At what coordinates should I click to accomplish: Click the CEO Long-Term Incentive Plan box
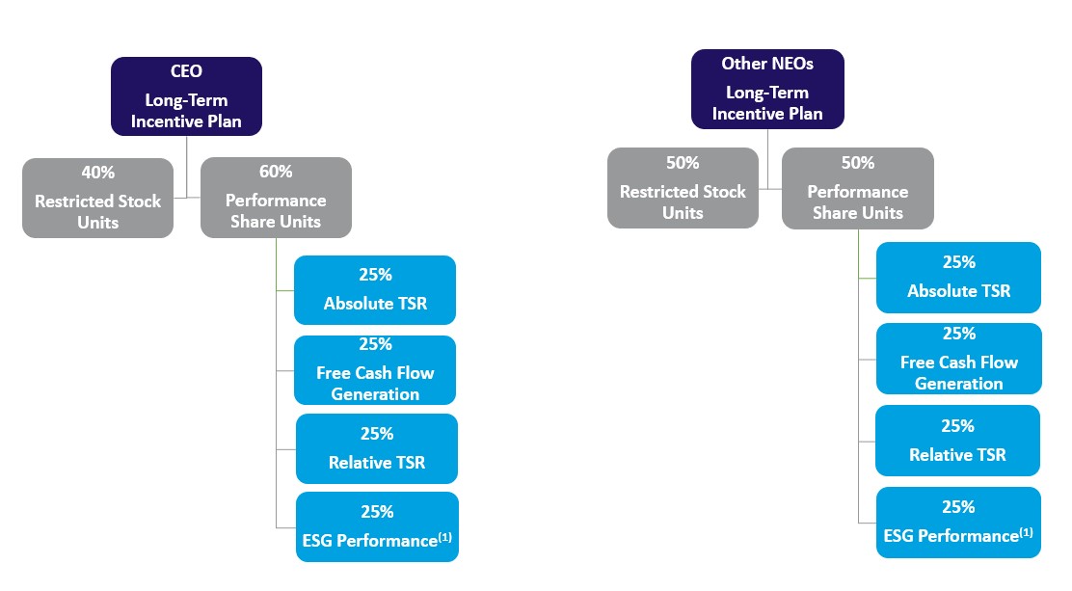tap(186, 96)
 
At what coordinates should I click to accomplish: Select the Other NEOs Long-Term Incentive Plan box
tap(767, 89)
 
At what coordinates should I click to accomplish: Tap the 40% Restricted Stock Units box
tap(97, 198)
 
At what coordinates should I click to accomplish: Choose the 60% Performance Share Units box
tap(276, 198)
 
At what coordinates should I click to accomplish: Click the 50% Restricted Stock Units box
tap(683, 188)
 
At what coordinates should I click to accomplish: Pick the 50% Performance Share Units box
tap(857, 188)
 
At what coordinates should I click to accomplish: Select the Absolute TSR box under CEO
tap(375, 289)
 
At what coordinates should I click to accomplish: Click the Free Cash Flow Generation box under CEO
tap(375, 370)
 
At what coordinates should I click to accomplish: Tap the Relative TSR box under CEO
tap(376, 448)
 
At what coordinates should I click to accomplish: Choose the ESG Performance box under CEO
tap(377, 526)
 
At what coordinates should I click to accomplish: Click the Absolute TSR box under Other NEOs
tap(958, 277)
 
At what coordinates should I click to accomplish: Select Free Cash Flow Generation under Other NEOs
tap(958, 359)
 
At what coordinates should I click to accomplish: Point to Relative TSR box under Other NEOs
tap(957, 441)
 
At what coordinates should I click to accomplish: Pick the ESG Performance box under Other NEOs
tap(958, 522)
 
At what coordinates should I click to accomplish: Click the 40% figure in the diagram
tap(97, 173)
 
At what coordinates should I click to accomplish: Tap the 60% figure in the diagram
tap(276, 172)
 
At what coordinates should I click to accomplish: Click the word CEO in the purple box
tap(186, 72)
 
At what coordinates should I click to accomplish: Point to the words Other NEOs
tap(767, 64)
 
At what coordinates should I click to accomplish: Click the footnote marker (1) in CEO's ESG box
tap(445, 537)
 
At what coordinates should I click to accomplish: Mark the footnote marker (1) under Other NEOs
tap(1026, 531)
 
